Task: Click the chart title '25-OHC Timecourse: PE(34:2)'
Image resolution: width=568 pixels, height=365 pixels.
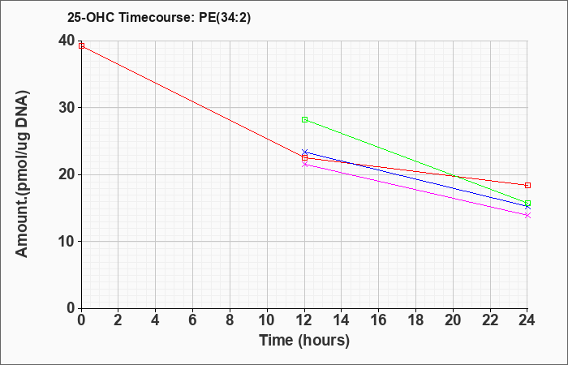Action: (159, 17)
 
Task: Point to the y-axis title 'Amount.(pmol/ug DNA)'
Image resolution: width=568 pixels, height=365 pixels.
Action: (23, 174)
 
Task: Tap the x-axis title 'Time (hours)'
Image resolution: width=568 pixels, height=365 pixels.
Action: (304, 341)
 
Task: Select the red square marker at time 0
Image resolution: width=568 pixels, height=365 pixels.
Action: (81, 45)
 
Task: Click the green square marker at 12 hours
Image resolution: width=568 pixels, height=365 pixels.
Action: (304, 119)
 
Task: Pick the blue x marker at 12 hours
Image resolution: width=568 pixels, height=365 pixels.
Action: (304, 152)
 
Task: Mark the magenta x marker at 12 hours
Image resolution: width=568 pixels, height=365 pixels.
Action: (304, 165)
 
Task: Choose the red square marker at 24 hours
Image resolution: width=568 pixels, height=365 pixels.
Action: (527, 186)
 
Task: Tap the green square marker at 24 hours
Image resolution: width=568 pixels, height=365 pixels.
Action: (527, 203)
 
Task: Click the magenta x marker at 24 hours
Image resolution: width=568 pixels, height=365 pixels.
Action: (527, 216)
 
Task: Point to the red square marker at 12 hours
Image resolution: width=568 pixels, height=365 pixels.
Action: (304, 158)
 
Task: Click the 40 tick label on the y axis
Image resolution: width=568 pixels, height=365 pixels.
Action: (67, 41)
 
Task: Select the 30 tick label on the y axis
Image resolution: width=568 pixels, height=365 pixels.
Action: (67, 108)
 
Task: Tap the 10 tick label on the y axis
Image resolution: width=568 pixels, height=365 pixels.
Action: (67, 242)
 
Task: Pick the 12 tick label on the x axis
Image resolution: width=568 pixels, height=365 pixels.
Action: (304, 320)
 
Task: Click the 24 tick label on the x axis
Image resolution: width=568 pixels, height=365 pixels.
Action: (527, 320)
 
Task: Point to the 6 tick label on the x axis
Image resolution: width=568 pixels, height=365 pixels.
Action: (193, 320)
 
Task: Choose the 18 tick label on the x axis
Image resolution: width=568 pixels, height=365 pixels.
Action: (415, 320)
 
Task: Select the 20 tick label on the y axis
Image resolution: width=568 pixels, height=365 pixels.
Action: (67, 174)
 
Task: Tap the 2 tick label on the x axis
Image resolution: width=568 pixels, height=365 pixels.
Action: (118, 320)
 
